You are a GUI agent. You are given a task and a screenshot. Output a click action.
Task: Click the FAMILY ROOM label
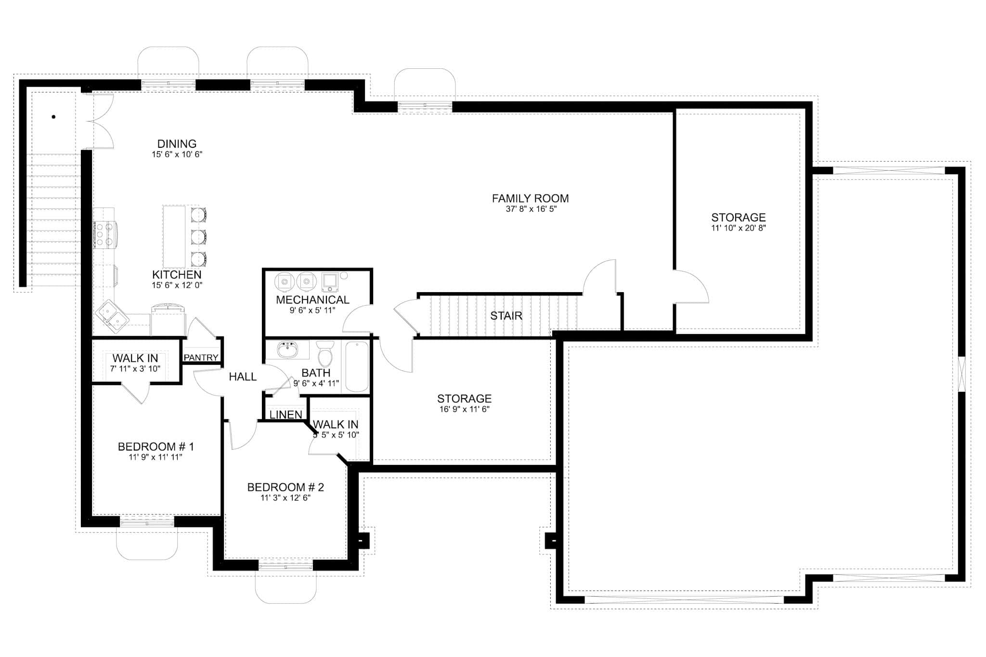point(530,198)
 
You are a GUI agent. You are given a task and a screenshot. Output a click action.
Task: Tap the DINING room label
point(177,143)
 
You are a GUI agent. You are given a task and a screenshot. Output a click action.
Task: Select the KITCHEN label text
point(177,274)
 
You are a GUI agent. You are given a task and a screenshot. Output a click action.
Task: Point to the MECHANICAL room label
point(312,299)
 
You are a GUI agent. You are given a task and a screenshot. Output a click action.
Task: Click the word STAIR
point(506,316)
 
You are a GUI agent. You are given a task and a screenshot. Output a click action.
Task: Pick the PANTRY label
point(201,358)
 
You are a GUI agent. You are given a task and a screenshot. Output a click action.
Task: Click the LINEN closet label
point(285,414)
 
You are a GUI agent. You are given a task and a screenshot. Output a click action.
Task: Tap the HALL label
point(243,377)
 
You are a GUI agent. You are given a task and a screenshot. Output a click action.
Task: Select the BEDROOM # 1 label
point(156,447)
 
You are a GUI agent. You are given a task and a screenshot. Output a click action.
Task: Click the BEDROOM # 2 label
point(285,487)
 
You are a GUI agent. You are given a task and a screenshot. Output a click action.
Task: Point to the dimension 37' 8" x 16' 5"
point(531,209)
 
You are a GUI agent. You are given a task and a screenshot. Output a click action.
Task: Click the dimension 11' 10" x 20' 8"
point(738,228)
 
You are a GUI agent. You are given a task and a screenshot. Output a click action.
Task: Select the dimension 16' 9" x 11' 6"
point(464,410)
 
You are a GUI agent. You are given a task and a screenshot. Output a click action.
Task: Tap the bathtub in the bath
point(357,366)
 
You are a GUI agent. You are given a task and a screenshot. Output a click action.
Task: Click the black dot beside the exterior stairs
point(53,116)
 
